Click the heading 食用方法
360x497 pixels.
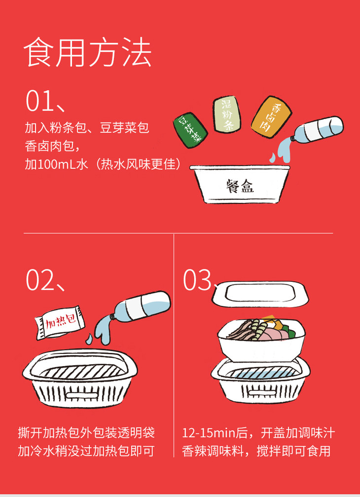pyautogui.click(x=87, y=52)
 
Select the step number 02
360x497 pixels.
pyautogui.click(x=39, y=280)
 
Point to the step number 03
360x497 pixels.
pyautogui.click(x=197, y=280)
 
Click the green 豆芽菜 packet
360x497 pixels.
pyautogui.click(x=190, y=130)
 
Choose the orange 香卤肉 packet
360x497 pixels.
pyautogui.click(x=271, y=117)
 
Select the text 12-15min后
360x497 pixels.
pyautogui.click(x=215, y=433)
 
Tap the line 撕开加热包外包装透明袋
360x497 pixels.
pyautogui.click(x=86, y=433)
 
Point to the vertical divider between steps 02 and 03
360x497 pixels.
pyautogui.click(x=174, y=345)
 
